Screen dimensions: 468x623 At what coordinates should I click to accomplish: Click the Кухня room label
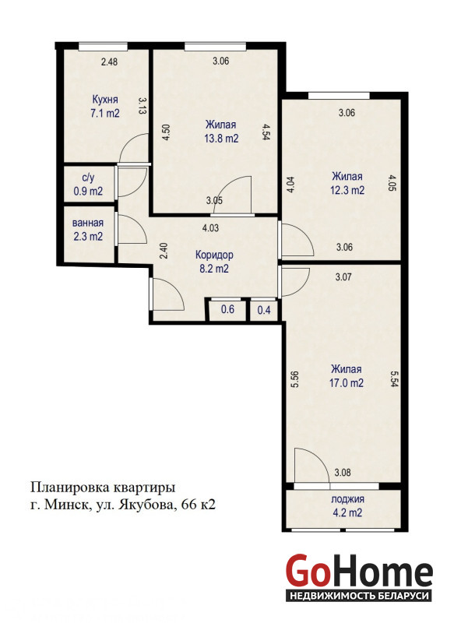[x=105, y=100]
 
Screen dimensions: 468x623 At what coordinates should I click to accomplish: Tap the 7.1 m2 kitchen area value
[x=105, y=113]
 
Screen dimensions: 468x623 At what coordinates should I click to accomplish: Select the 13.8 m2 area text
[x=221, y=139]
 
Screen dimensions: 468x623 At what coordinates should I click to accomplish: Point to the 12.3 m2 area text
[x=347, y=190]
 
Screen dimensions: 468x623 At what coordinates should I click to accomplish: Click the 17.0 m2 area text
[x=347, y=383]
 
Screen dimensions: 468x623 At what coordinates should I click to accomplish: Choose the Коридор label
[x=214, y=255]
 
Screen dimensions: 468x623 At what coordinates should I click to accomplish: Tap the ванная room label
[x=88, y=224]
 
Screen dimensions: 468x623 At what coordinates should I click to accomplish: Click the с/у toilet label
[x=88, y=178]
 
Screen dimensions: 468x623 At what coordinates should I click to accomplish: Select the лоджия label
[x=347, y=499]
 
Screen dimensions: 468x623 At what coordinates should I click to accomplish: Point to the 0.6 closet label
[x=227, y=309]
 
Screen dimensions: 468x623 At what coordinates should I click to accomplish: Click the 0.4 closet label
[x=264, y=310]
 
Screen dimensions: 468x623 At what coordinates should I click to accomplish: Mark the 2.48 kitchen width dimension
[x=109, y=62]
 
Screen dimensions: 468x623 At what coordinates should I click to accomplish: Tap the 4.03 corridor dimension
[x=210, y=228]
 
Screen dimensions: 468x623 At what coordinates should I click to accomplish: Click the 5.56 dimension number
[x=295, y=379]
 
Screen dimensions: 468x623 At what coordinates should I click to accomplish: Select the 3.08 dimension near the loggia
[x=343, y=473]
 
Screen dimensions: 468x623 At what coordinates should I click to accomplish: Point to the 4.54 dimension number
[x=266, y=132]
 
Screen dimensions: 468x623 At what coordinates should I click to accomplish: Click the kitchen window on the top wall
[x=103, y=47]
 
